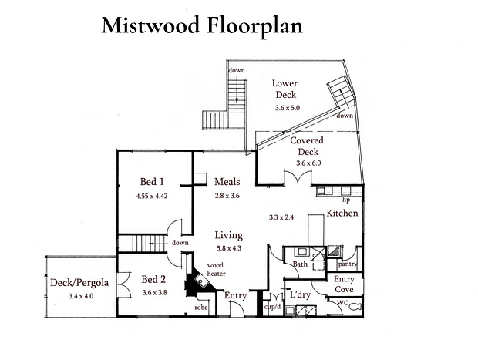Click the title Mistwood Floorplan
pos(202,26)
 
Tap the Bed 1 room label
pos(152,182)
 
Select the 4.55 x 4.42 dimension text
pos(152,196)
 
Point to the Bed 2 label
pos(153,279)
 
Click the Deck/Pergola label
pos(79,283)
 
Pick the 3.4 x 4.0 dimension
pos(80,296)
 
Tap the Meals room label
pos(227,182)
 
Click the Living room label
pos(229,235)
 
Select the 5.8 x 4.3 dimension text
pos(229,248)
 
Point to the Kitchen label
pos(342,213)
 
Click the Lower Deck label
pos(285,89)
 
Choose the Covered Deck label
pos(307,146)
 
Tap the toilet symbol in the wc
pos(355,306)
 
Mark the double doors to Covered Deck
pos(298,177)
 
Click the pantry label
pos(348,264)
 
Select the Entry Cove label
pos(344,284)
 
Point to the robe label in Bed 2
pos(201,308)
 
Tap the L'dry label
pos(300,294)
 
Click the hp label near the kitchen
pos(346,200)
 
